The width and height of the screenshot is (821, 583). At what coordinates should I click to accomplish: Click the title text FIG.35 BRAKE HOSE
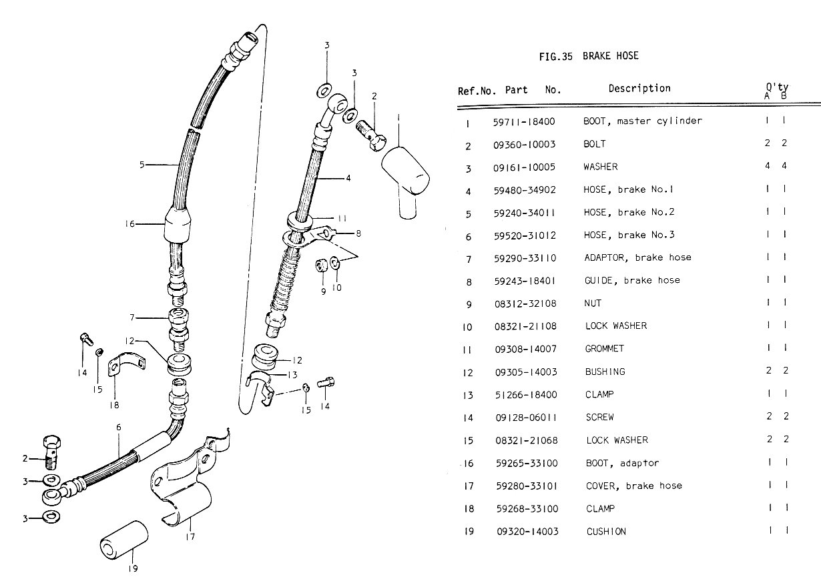pos(588,56)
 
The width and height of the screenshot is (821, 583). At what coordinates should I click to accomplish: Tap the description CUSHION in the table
pos(606,532)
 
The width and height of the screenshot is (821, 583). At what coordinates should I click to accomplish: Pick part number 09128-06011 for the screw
pos(527,418)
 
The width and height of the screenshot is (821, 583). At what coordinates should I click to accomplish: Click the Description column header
pos(639,88)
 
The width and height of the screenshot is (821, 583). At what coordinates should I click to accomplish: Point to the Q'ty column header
pos(776,91)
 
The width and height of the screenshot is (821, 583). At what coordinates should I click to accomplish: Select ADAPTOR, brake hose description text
pos(637,257)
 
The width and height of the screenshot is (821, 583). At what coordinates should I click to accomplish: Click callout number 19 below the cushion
pos(133,569)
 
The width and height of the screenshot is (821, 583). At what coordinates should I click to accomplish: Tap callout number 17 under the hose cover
pos(191,535)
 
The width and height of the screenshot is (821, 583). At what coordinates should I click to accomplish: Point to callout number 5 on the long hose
pos(142,165)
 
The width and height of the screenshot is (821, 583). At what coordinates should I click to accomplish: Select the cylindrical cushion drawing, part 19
pos(125,537)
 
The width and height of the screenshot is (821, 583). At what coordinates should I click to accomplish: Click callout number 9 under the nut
pos(323,291)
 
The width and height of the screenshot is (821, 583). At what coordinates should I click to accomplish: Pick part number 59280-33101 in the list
pos(527,486)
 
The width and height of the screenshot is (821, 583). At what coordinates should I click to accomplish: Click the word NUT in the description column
pos(593,304)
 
